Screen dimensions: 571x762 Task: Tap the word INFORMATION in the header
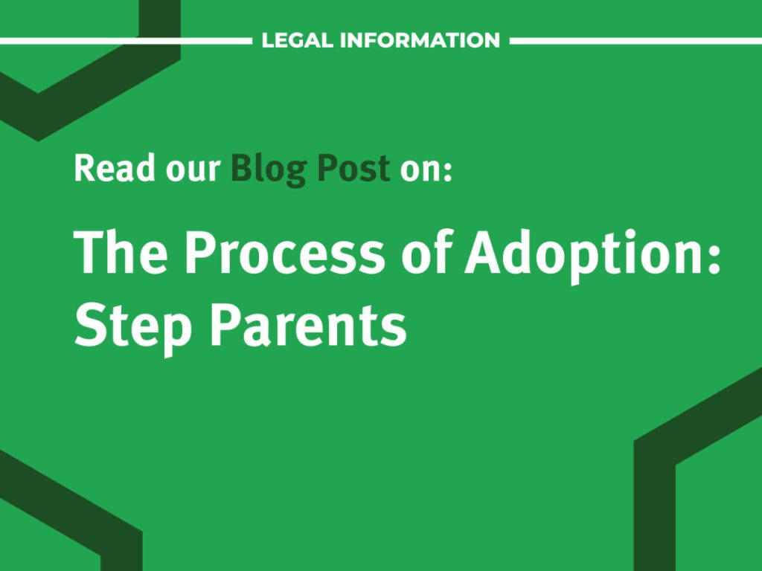point(420,40)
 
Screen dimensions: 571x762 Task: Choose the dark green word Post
point(353,169)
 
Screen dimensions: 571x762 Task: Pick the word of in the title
point(432,252)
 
